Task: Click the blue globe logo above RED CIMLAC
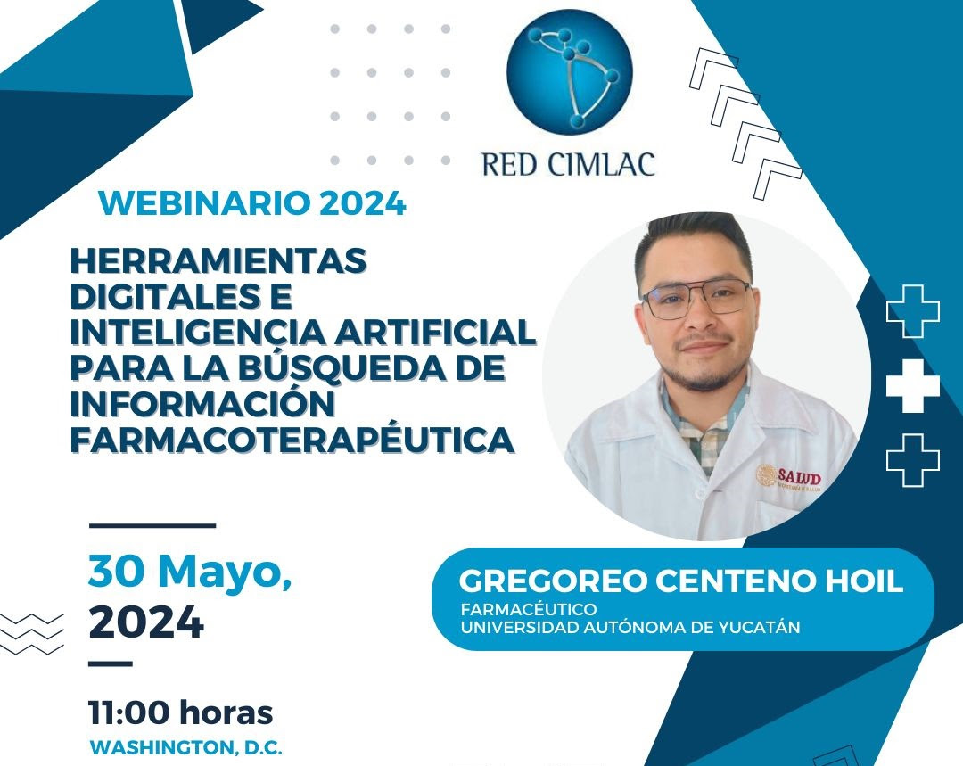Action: coord(569,72)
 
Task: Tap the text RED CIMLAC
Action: coord(569,164)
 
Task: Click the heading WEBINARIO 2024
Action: coord(252,203)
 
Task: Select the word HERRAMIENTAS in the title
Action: coord(218,260)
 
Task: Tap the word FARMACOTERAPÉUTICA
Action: coord(292,439)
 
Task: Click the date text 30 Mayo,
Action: coord(190,572)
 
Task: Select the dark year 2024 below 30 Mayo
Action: coord(146,622)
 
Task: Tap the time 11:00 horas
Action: coord(180,712)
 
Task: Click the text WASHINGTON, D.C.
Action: coord(186,747)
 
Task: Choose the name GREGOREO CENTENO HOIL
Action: coord(681,581)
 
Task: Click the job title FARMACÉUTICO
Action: coord(529,609)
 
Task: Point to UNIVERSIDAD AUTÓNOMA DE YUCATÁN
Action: coord(630,627)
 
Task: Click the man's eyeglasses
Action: coord(696,299)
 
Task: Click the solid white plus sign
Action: coord(913,386)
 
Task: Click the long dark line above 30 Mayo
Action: coord(152,526)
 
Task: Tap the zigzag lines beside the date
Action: coord(31,633)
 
